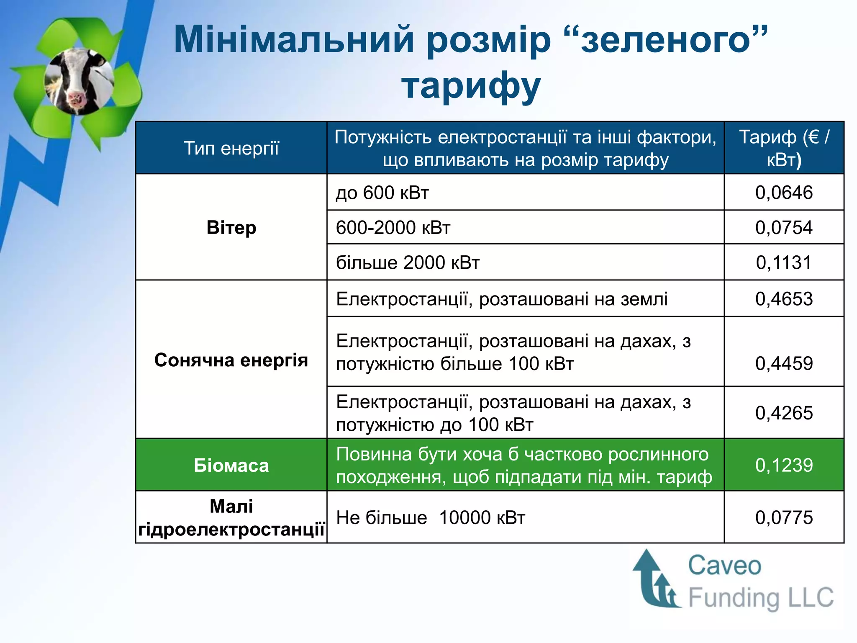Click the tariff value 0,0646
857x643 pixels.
(784, 193)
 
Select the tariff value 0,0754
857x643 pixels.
(784, 228)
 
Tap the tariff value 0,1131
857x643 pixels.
(784, 262)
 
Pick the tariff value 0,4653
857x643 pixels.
(784, 299)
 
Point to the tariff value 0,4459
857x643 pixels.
(784, 363)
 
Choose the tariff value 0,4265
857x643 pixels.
(784, 413)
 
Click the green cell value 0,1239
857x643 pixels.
(784, 465)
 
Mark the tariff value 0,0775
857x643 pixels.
(784, 517)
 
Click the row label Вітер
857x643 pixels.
(231, 228)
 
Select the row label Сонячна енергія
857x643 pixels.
(231, 360)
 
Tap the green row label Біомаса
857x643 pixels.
(231, 466)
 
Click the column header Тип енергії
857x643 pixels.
(231, 149)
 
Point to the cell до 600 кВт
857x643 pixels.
(382, 193)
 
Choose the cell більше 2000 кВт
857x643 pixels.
(408, 263)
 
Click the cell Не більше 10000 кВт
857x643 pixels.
(430, 518)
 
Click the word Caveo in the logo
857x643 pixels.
(724, 566)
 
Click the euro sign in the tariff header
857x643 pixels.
(813, 137)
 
